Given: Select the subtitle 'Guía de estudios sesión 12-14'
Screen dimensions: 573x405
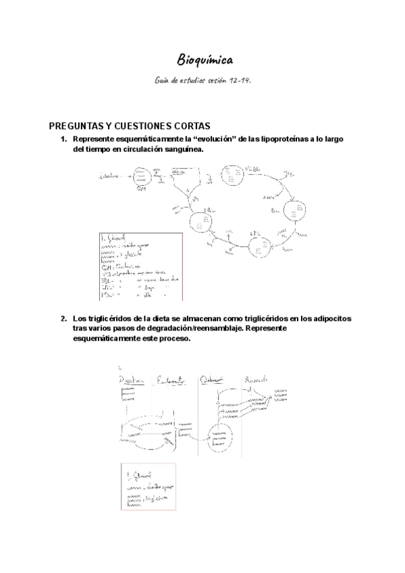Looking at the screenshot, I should click(202, 80).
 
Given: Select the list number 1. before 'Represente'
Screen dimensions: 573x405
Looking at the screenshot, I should click(63, 139).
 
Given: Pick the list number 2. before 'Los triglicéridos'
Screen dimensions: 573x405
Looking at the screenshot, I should click(63, 318).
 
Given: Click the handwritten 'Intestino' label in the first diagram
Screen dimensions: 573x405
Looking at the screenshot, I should click(109, 176).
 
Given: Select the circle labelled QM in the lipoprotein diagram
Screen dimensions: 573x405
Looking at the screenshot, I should click(142, 178).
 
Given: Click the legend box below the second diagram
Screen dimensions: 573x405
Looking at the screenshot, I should click(146, 487).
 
